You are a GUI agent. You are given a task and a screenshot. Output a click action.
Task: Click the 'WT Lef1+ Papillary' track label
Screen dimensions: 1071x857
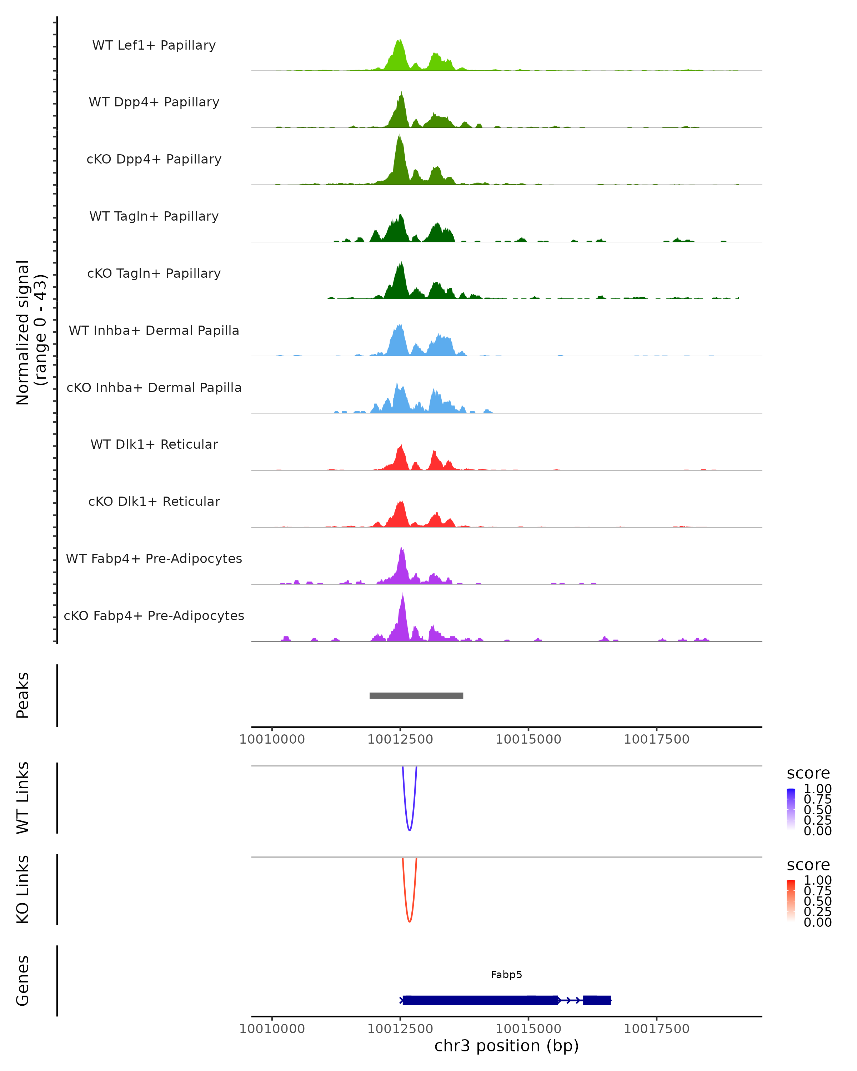coord(154,45)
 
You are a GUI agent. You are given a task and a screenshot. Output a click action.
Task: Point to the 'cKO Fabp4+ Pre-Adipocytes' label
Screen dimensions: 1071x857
coord(154,615)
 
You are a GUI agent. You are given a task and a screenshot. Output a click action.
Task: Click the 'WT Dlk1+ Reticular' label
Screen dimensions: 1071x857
coord(154,444)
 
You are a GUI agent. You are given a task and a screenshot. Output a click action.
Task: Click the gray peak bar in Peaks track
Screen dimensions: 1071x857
coord(416,695)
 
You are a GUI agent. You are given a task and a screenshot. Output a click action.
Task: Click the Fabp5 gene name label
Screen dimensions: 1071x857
coord(506,975)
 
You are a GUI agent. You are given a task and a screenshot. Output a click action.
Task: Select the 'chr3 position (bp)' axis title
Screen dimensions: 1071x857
coord(506,1046)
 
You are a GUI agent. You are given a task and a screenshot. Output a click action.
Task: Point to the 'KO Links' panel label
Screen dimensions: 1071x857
coord(23,889)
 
